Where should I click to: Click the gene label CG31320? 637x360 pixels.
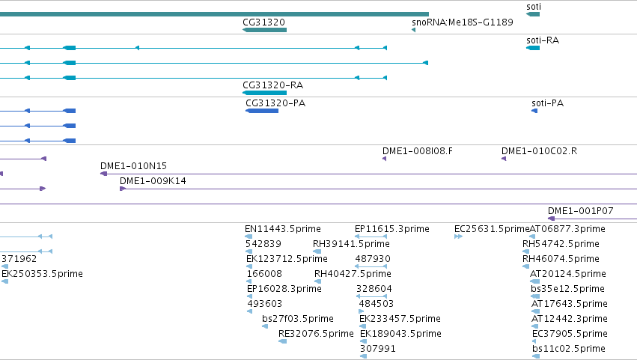(263, 22)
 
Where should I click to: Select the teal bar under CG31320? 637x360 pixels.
(264, 30)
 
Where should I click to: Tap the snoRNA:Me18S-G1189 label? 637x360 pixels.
(463, 22)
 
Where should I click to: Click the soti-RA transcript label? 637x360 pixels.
(543, 40)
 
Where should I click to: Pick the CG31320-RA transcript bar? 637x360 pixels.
(264, 93)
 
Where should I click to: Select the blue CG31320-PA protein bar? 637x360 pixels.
(262, 111)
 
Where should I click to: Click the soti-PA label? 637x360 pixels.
(548, 103)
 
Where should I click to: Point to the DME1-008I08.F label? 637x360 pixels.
(418, 151)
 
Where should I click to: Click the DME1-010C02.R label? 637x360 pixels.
(539, 151)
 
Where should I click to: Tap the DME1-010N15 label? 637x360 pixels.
(134, 165)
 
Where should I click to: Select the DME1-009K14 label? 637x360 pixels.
(153, 181)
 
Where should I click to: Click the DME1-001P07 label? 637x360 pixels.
(581, 211)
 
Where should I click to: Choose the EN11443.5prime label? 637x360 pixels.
(283, 229)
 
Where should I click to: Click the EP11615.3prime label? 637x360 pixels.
(392, 229)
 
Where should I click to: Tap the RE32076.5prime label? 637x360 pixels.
(316, 334)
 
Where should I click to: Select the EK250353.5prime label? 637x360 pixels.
(42, 274)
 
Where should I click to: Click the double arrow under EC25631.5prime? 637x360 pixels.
(458, 237)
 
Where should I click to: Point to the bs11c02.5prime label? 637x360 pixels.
(569, 349)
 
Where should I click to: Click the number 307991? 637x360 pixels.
(378, 349)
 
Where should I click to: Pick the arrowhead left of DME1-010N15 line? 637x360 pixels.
(103, 174)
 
